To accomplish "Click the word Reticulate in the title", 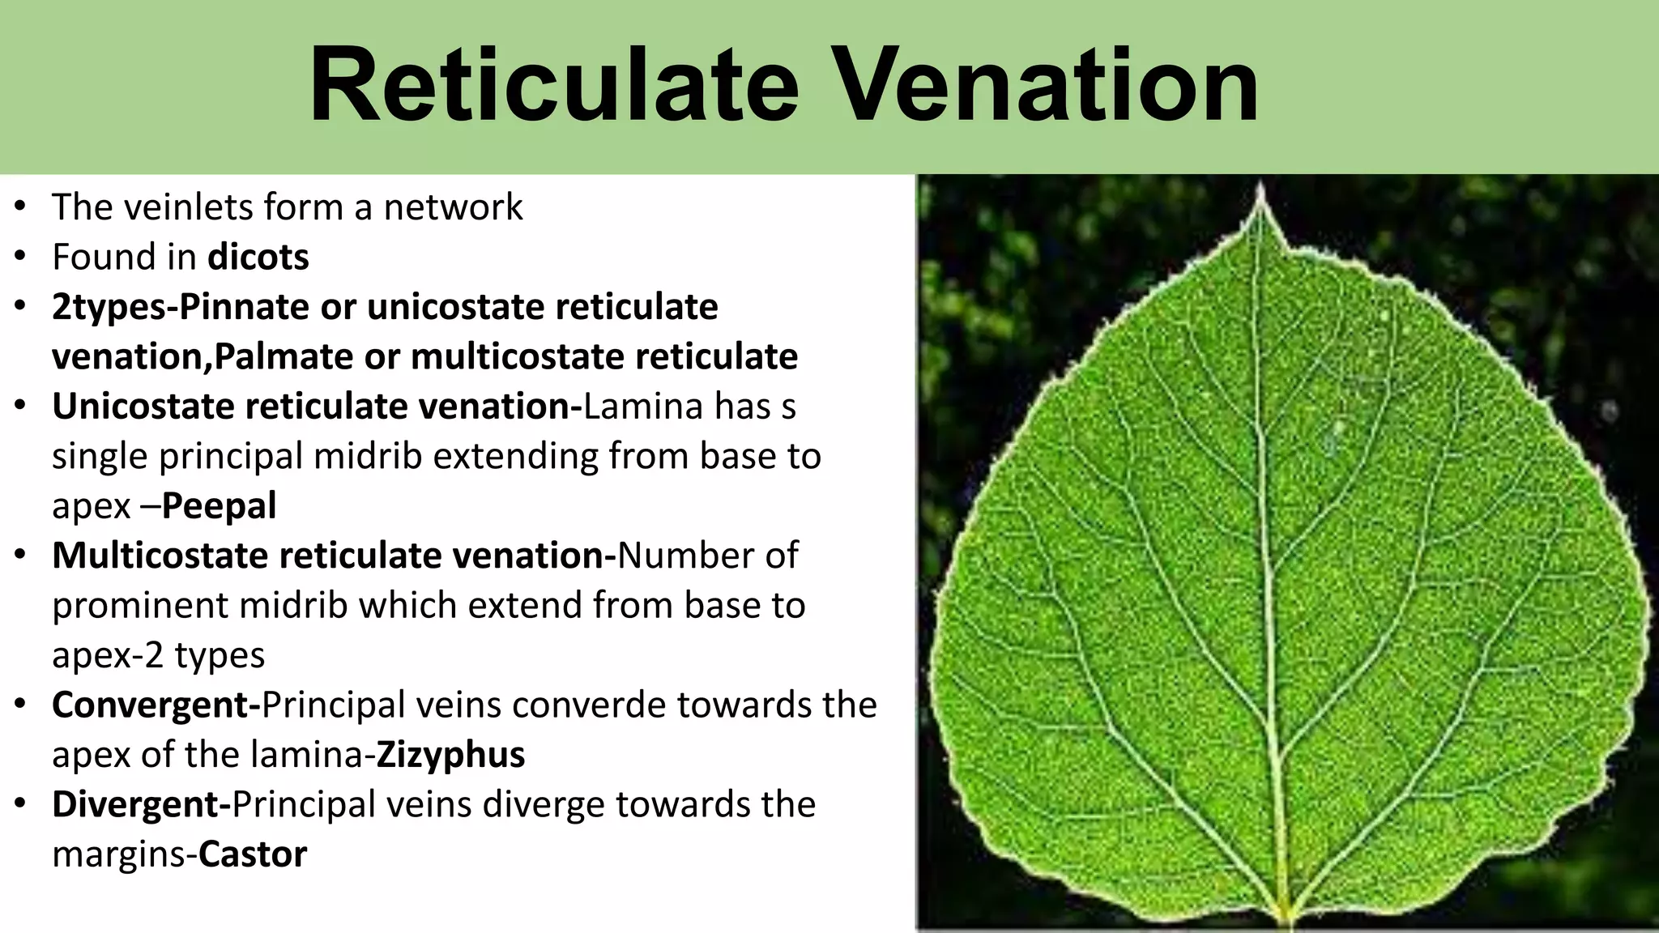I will coord(553,85).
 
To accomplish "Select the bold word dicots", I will coord(258,258).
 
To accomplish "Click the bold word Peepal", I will coord(219,506).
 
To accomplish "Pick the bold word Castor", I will coord(253,854).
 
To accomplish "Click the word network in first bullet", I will coord(453,207).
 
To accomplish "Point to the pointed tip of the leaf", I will coord(1260,191).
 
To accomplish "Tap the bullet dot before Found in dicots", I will coord(21,257).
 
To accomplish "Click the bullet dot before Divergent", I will coord(21,804).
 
